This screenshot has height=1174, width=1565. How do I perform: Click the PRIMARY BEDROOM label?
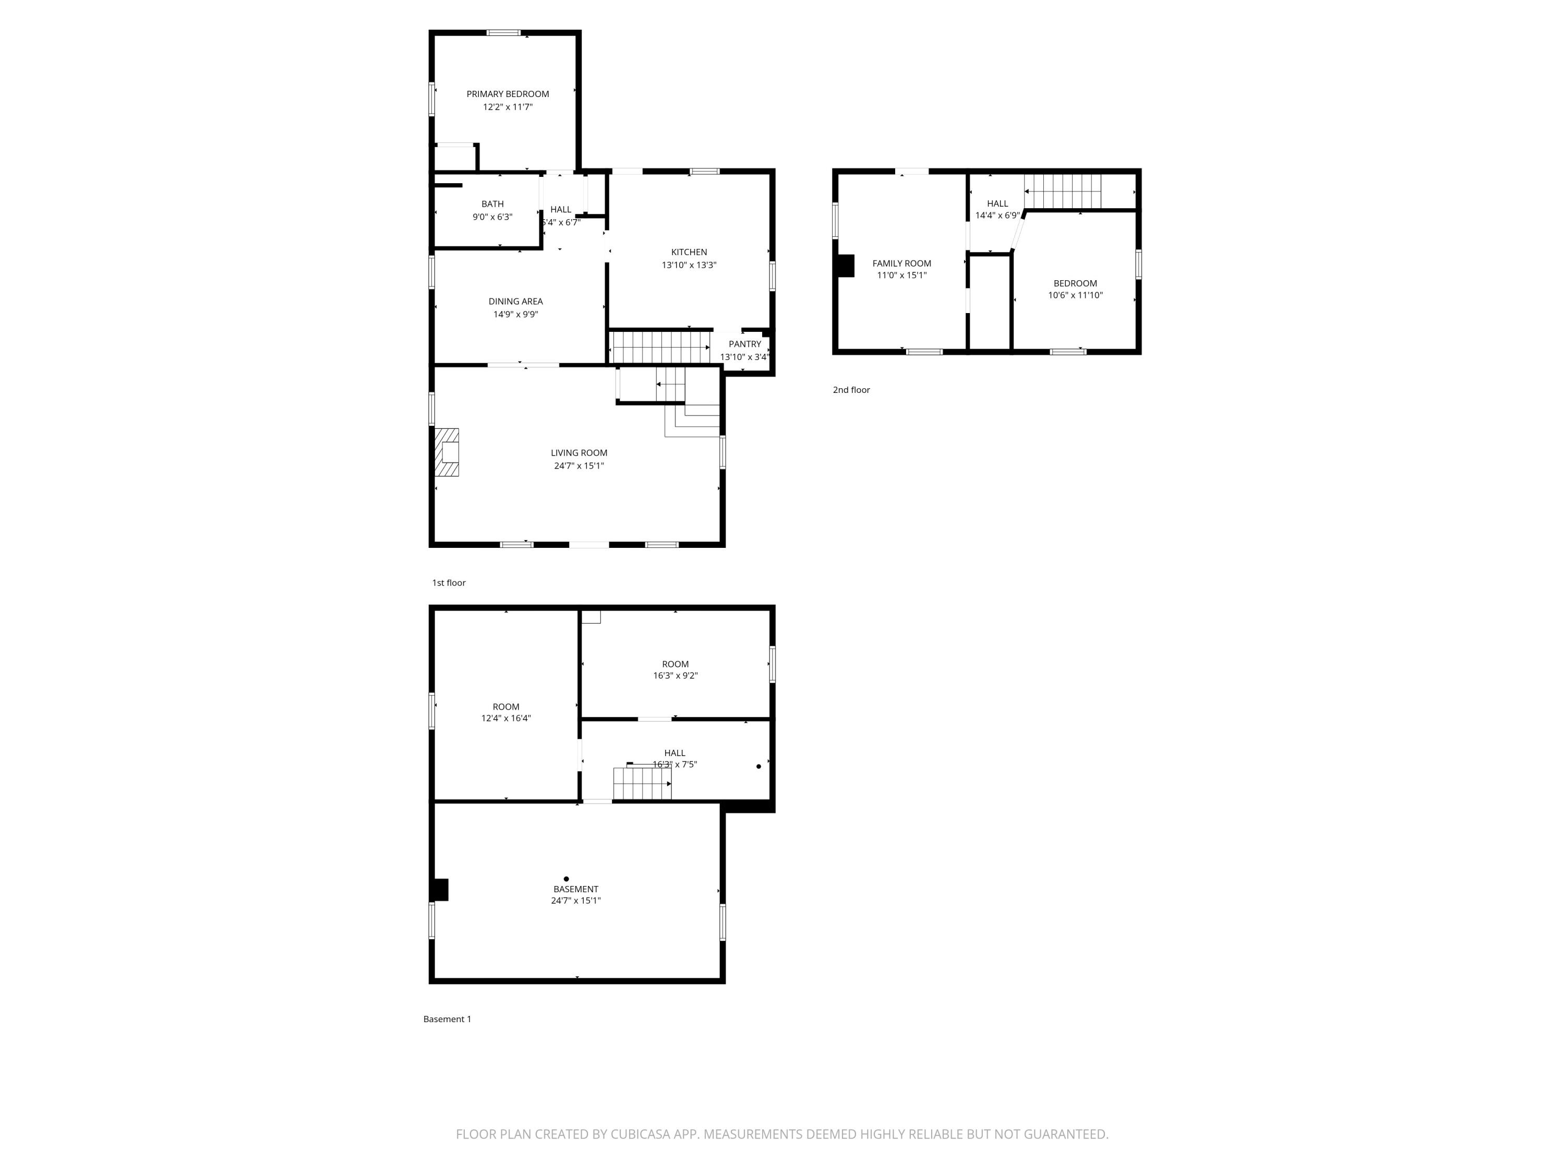pyautogui.click(x=507, y=93)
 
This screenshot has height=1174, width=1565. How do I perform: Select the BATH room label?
pyautogui.click(x=492, y=204)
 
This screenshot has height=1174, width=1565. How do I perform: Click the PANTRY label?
pyautogui.click(x=744, y=344)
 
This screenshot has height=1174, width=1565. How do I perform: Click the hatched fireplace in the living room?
pyautogui.click(x=447, y=452)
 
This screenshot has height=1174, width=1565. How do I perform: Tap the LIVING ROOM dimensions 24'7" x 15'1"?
pyautogui.click(x=579, y=465)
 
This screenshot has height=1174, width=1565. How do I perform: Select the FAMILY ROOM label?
pyautogui.click(x=901, y=263)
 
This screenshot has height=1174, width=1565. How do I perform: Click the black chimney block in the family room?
pyautogui.click(x=846, y=266)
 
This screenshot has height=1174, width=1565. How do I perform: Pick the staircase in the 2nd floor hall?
pyautogui.click(x=1063, y=191)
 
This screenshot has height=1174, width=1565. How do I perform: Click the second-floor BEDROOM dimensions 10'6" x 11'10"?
pyautogui.click(x=1075, y=295)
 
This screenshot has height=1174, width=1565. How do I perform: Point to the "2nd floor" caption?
pyautogui.click(x=851, y=390)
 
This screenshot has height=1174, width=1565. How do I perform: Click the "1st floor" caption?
pyautogui.click(x=449, y=583)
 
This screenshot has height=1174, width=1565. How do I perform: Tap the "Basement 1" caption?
pyautogui.click(x=447, y=1019)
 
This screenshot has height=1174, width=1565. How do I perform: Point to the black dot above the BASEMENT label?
pyautogui.click(x=566, y=879)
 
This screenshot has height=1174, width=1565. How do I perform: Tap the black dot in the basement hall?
pyautogui.click(x=759, y=766)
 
